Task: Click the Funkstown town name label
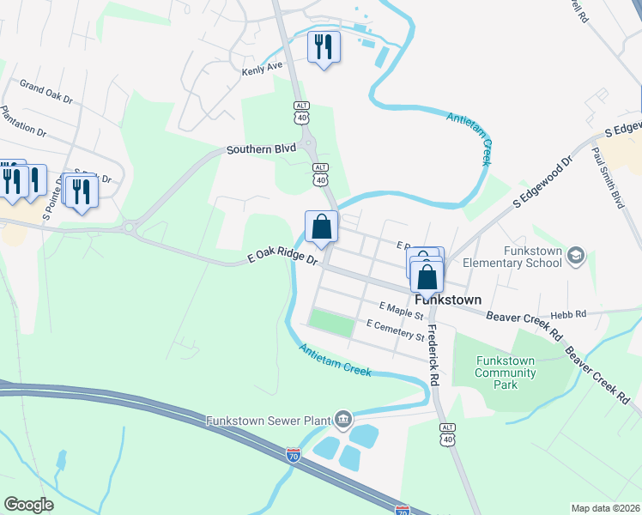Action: [446, 300]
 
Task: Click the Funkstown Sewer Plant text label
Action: [268, 421]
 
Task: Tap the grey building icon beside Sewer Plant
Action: [343, 419]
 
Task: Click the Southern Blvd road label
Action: [261, 148]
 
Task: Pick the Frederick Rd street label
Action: [433, 354]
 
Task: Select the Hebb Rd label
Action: [570, 314]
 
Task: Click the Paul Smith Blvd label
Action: [607, 178]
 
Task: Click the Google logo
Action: [29, 504]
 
